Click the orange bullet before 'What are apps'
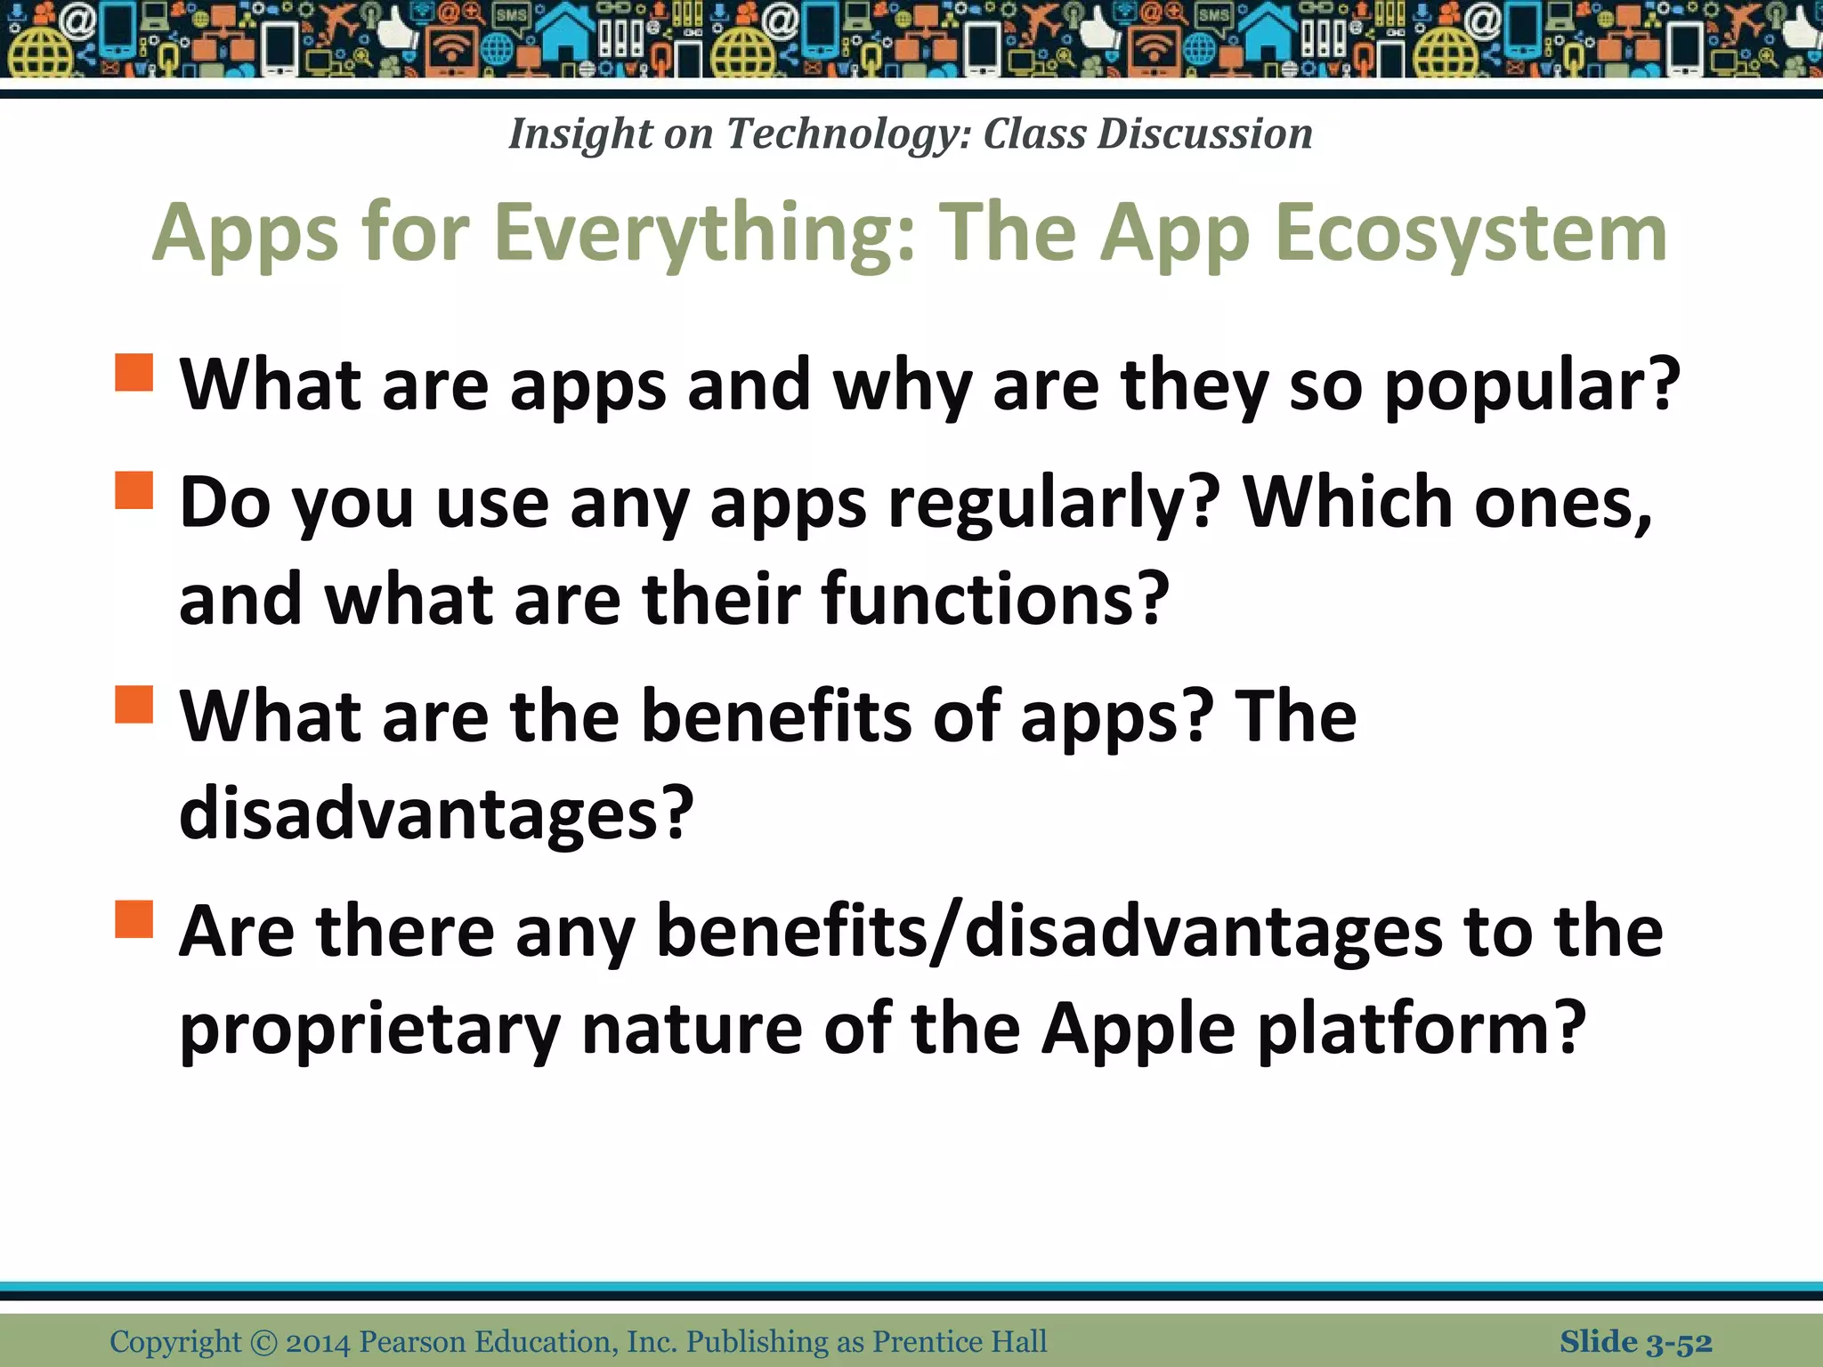[x=134, y=372]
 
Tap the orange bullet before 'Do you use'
[x=134, y=489]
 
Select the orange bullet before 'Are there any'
[x=134, y=919]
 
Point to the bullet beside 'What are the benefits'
[x=134, y=704]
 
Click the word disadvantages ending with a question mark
[x=434, y=813]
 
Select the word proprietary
[x=369, y=1030]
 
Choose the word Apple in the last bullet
[x=1138, y=1028]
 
